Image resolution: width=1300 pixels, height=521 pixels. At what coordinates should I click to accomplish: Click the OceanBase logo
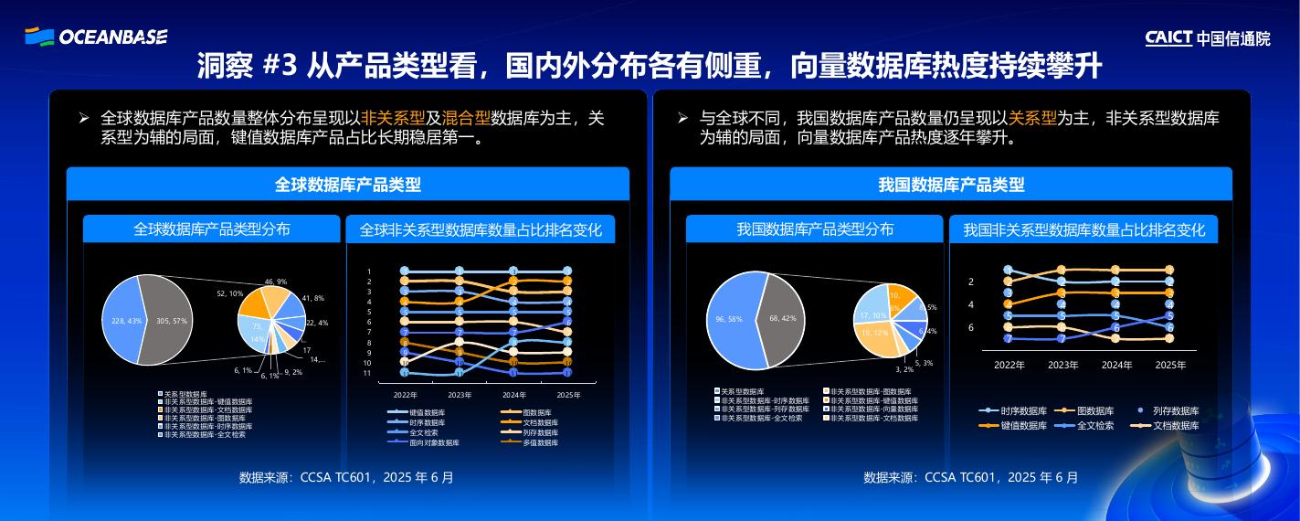[x=96, y=37]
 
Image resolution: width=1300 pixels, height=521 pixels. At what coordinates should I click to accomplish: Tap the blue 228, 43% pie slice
[x=123, y=320]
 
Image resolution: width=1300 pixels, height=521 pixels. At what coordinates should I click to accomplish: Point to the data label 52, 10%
[x=229, y=293]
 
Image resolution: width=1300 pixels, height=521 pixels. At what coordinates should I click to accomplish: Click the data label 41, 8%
[x=312, y=298]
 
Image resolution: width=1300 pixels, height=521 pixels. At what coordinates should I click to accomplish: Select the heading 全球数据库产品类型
[x=347, y=185]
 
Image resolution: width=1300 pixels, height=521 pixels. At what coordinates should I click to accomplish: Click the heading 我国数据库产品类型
[x=950, y=185]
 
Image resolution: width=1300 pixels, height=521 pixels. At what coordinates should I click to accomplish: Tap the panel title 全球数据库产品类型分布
[x=211, y=229]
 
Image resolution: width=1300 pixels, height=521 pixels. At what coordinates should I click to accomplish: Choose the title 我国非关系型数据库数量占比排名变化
[x=1083, y=230]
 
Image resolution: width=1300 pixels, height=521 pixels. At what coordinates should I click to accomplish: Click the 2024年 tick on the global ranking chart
[x=514, y=395]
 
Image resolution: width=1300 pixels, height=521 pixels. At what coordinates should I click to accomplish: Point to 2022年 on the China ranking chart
[x=1009, y=365]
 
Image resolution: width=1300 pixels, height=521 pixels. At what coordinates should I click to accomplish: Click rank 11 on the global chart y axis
[x=367, y=373]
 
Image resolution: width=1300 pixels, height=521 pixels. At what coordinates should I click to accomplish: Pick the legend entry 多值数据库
[x=540, y=442]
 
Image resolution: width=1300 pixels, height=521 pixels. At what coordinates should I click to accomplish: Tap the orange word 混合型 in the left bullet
[x=465, y=118]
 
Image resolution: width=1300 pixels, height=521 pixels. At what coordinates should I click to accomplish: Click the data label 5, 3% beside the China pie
[x=924, y=363]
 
